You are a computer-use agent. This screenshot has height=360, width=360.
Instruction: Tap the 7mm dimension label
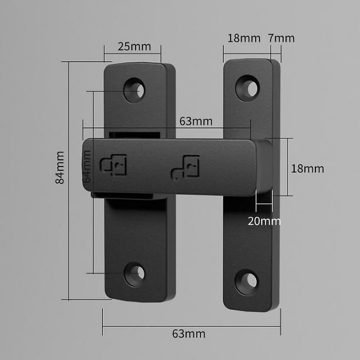click(281, 38)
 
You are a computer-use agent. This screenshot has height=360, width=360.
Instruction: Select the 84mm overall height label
click(60, 168)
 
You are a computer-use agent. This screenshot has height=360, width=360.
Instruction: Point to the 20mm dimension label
click(264, 221)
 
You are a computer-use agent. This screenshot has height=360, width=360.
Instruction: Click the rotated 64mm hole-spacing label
click(87, 166)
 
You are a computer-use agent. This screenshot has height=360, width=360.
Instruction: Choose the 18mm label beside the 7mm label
click(244, 38)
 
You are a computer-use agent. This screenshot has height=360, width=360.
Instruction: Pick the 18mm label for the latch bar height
click(307, 169)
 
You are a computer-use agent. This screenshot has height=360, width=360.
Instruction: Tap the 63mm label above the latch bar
click(196, 121)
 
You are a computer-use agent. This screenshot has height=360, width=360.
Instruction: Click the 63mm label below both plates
click(189, 334)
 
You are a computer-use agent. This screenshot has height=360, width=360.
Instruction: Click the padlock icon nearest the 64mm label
click(113, 165)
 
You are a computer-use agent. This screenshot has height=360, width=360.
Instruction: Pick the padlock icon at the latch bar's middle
click(185, 167)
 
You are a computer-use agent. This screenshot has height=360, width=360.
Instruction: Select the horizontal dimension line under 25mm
click(133, 54)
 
